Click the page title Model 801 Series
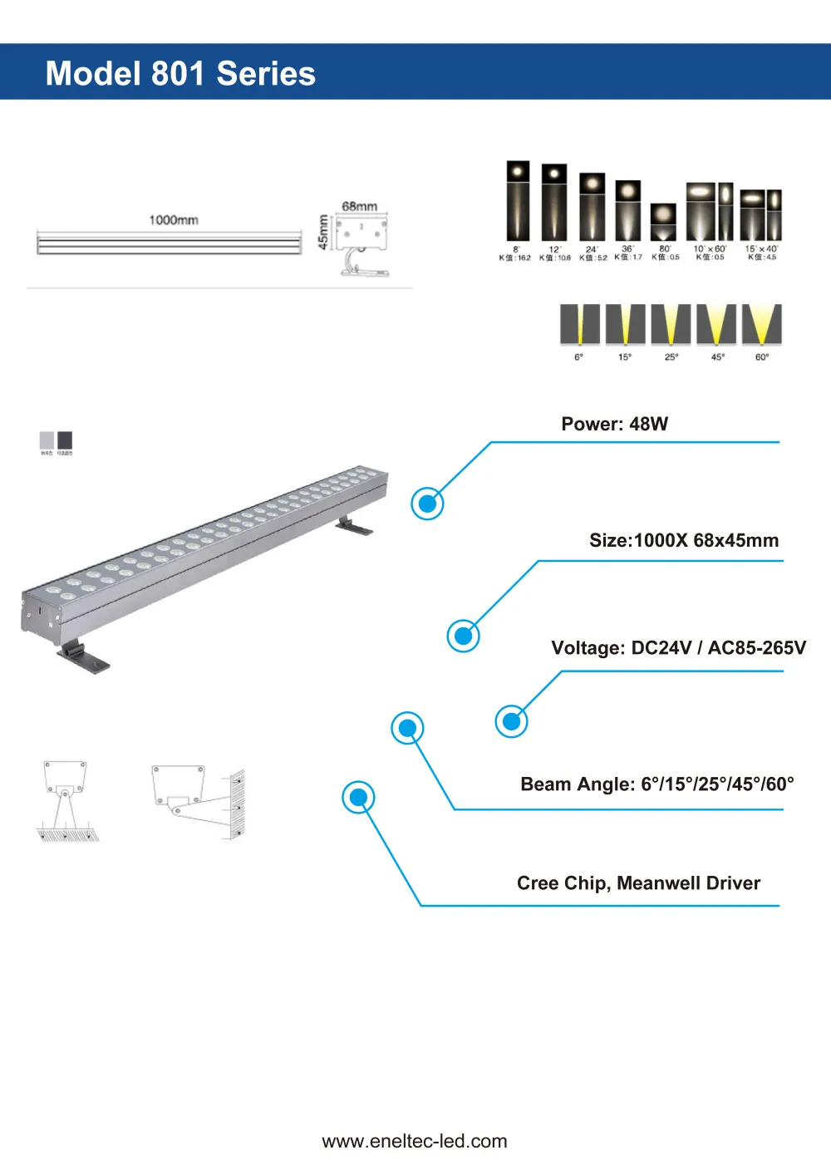coord(180,73)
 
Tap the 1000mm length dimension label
coord(173,220)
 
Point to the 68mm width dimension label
coord(359,206)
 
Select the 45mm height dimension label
coord(323,233)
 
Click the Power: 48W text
coord(614,424)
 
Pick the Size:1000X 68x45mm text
coord(683,540)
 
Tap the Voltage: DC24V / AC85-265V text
coord(678,647)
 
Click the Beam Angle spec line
coord(656,784)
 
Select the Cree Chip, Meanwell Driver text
coord(638,882)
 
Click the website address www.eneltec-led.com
coord(415,1141)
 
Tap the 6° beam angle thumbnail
coord(579,325)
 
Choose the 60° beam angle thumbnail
coord(761,325)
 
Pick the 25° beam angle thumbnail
coord(671,325)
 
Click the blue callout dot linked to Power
coord(428,504)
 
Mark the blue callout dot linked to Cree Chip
coord(358,798)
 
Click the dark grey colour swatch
coord(65,440)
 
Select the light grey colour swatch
coord(47,440)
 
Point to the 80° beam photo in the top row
coord(663,222)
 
